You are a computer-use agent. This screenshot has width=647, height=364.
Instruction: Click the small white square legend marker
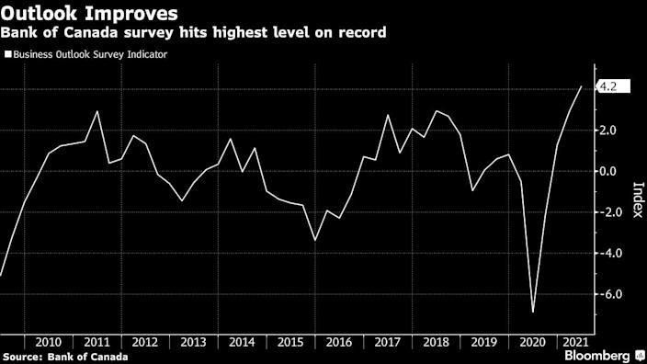[8, 54]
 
